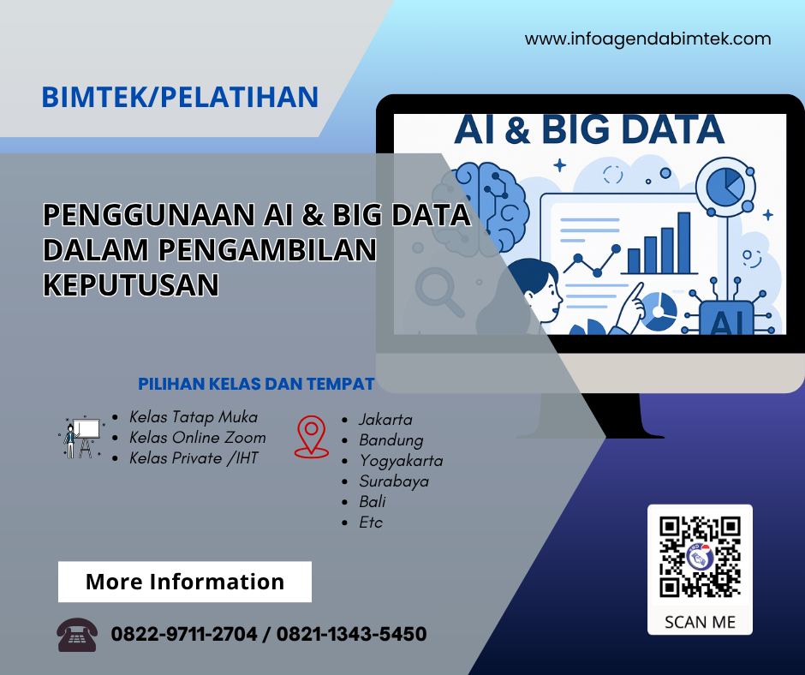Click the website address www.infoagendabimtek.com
pos(647,39)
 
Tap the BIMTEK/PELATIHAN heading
pos(180,98)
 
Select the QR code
pos(700,557)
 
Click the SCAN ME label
pos(700,622)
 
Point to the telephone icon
pos(77,635)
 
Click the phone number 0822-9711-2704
pos(184,635)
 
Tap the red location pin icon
pos(311,436)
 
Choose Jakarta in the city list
pos(385,420)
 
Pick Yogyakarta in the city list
pos(401,461)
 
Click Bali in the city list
pos(373,502)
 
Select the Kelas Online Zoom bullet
pos(197,438)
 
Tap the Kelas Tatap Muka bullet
pos(193,417)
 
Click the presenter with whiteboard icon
pos(81,437)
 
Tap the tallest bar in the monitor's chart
pos(683,242)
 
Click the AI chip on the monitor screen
pos(725,320)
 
